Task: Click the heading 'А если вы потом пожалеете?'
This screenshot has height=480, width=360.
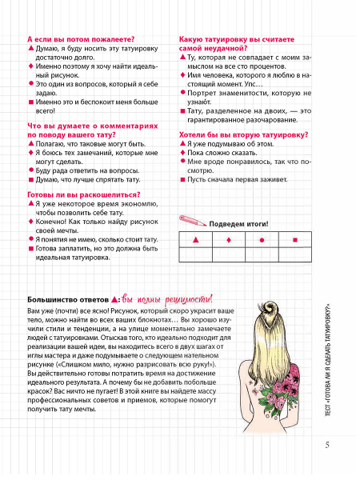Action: (80, 38)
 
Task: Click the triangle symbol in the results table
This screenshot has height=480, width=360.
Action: (195, 240)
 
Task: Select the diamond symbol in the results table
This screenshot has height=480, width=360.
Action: (230, 240)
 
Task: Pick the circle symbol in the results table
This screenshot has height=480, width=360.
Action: (262, 240)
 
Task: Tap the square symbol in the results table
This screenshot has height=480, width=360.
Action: (295, 240)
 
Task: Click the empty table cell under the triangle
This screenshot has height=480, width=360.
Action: (195, 254)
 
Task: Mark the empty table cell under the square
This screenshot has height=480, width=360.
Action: (295, 254)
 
